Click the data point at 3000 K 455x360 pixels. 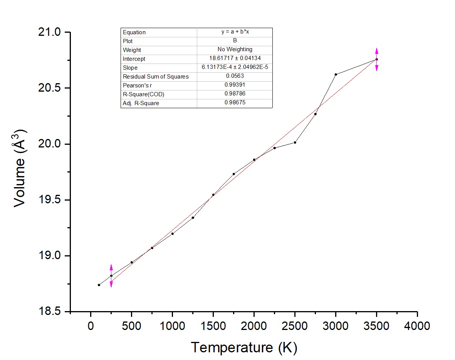click(x=336, y=74)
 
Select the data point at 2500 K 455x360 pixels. click(x=295, y=142)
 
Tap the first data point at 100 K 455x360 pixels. click(x=99, y=285)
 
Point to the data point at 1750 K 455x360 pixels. click(x=233, y=174)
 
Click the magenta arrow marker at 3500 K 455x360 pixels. click(x=376, y=59)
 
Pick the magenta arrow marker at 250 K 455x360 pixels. click(x=111, y=276)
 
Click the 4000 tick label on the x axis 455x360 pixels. click(x=417, y=326)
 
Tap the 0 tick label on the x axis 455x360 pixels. click(x=91, y=326)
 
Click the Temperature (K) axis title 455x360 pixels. click(x=244, y=348)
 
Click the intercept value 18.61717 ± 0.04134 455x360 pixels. click(x=235, y=59)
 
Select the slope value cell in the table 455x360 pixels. click(x=235, y=67)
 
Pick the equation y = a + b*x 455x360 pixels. click(x=235, y=32)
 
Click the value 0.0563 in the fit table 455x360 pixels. click(x=235, y=76)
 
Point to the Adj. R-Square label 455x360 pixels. click(x=141, y=103)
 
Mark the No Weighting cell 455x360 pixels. click(x=235, y=50)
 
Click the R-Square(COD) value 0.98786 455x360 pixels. click(x=235, y=94)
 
